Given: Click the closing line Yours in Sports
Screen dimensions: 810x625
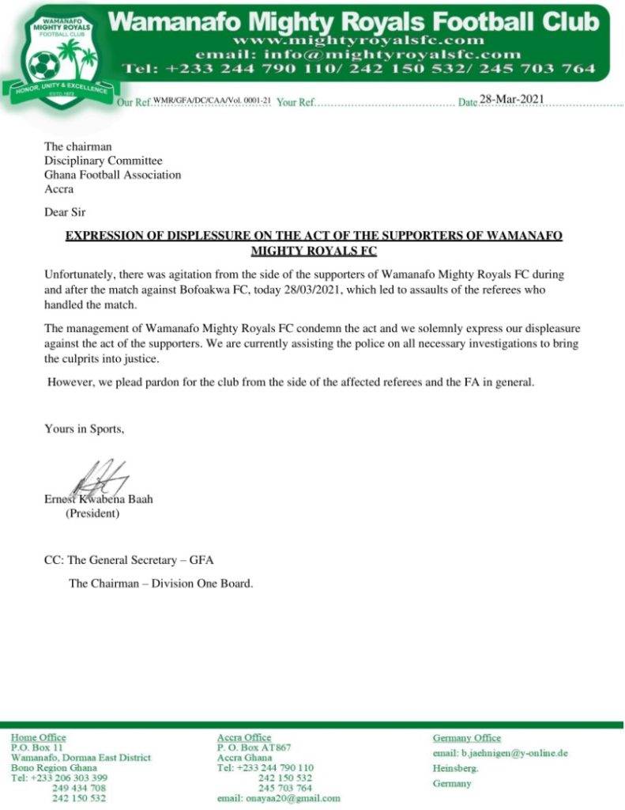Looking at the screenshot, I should pos(84,430).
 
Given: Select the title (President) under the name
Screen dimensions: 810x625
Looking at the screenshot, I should pos(92,513).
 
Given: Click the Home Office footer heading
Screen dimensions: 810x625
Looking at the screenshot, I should pos(39,737).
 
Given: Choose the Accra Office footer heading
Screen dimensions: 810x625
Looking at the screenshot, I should pos(244,737).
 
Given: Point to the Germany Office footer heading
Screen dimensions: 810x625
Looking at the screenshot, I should pos(467,737).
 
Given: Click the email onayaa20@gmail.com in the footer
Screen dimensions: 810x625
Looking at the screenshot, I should pos(279,798).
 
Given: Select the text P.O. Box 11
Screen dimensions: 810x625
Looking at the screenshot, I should pos(36,747).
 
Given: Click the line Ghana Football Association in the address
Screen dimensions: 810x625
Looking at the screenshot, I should pos(112,175).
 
